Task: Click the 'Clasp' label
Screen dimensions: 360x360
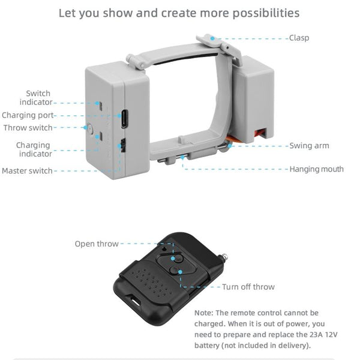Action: point(299,38)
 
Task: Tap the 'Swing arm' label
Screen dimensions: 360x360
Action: point(309,146)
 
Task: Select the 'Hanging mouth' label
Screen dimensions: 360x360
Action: point(316,169)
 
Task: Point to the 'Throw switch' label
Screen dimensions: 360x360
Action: point(28,128)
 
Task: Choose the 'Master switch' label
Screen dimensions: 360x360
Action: point(27,171)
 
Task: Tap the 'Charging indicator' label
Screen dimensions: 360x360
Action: point(33,149)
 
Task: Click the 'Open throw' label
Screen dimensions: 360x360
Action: point(97,244)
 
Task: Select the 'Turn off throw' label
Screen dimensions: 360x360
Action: point(248,287)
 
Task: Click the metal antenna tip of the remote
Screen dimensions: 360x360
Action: point(224,257)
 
